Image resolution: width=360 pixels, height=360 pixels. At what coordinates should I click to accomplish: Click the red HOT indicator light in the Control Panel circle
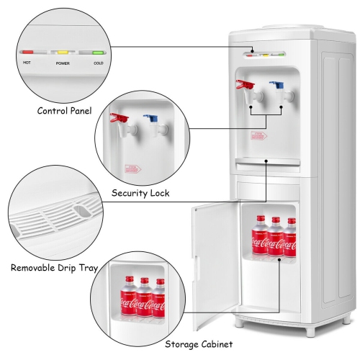pyautogui.click(x=28, y=52)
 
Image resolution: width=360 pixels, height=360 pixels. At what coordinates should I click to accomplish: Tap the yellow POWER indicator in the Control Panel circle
pyautogui.click(x=63, y=53)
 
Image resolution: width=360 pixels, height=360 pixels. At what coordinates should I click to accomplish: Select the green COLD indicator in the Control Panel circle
pyautogui.click(x=98, y=53)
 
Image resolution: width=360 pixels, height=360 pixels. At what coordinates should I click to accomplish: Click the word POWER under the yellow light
pyautogui.click(x=63, y=63)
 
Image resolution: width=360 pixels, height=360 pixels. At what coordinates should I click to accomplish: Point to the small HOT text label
pyautogui.click(x=27, y=63)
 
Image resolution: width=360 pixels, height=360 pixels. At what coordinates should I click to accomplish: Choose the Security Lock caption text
pyautogui.click(x=142, y=193)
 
